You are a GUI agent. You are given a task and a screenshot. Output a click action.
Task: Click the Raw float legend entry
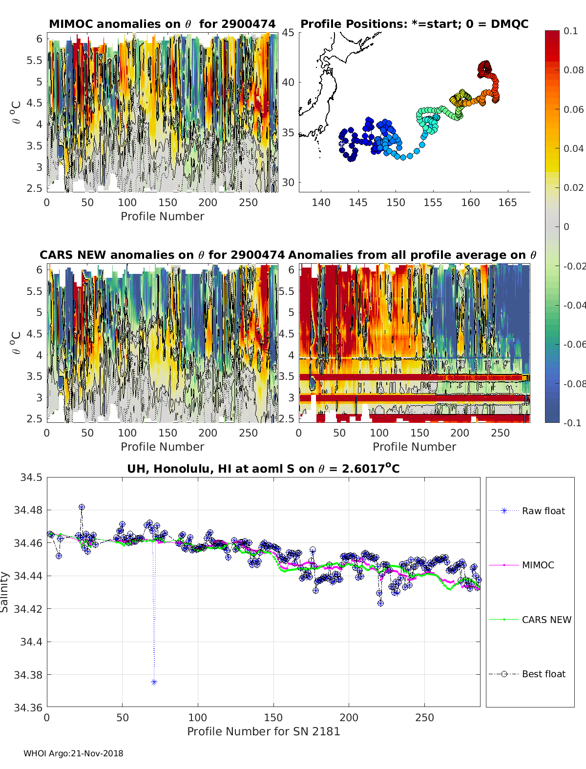click(543, 511)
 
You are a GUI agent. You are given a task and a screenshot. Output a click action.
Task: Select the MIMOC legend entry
click(538, 565)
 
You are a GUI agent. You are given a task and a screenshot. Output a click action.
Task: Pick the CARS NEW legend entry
click(546, 620)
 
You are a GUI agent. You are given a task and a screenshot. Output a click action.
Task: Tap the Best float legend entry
click(543, 674)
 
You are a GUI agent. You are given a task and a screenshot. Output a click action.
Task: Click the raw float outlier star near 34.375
click(154, 682)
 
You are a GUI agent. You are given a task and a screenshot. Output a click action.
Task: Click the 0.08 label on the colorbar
click(573, 70)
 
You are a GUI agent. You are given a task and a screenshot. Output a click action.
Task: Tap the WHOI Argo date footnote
click(73, 753)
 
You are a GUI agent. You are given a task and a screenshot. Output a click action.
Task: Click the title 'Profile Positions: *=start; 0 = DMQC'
click(414, 24)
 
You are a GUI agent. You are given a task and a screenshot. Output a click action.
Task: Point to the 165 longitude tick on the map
click(507, 203)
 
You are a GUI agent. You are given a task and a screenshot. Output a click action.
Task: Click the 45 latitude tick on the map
click(288, 33)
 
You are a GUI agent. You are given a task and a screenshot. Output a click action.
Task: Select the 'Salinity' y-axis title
click(5, 592)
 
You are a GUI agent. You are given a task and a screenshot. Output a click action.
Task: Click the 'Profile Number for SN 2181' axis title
click(263, 731)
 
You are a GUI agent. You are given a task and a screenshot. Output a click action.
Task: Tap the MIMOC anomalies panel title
click(162, 24)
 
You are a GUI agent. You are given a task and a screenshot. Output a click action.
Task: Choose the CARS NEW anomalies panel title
click(162, 255)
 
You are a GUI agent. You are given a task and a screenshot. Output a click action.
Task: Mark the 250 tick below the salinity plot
click(424, 717)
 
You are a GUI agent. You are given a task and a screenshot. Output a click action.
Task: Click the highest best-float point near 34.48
click(82, 507)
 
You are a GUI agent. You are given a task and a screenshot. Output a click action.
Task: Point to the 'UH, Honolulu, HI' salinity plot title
click(263, 469)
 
